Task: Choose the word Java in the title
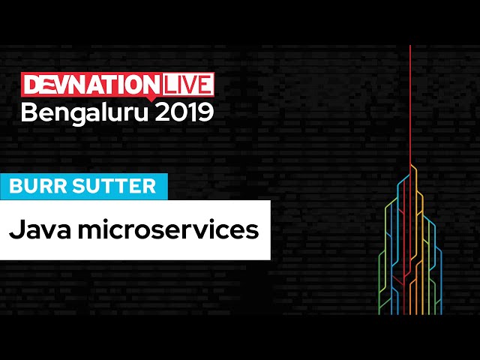[x=36, y=229]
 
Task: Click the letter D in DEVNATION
[x=31, y=83]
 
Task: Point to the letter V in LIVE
[x=190, y=83]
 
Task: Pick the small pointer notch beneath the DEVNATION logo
[x=152, y=97]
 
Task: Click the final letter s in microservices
[x=253, y=230]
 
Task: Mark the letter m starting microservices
[x=79, y=230]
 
